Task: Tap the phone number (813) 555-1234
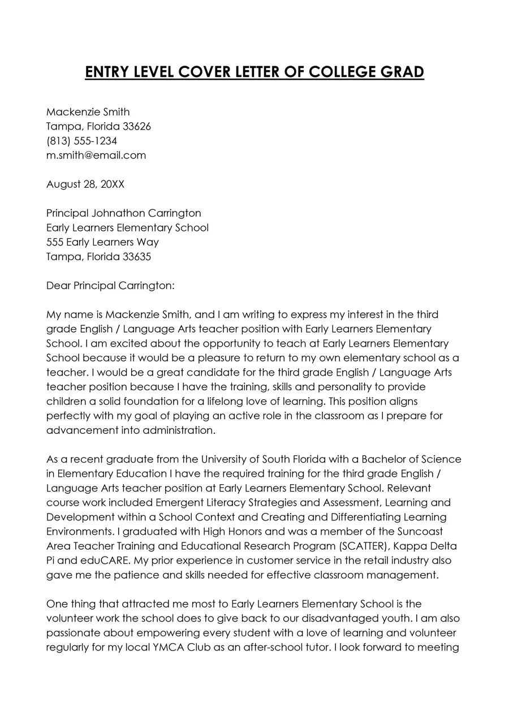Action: click(x=81, y=141)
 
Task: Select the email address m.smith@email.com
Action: click(x=96, y=155)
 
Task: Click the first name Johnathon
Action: click(x=117, y=213)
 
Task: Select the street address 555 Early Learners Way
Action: click(x=102, y=242)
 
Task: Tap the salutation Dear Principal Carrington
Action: click(x=110, y=286)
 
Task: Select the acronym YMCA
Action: click(x=159, y=648)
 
